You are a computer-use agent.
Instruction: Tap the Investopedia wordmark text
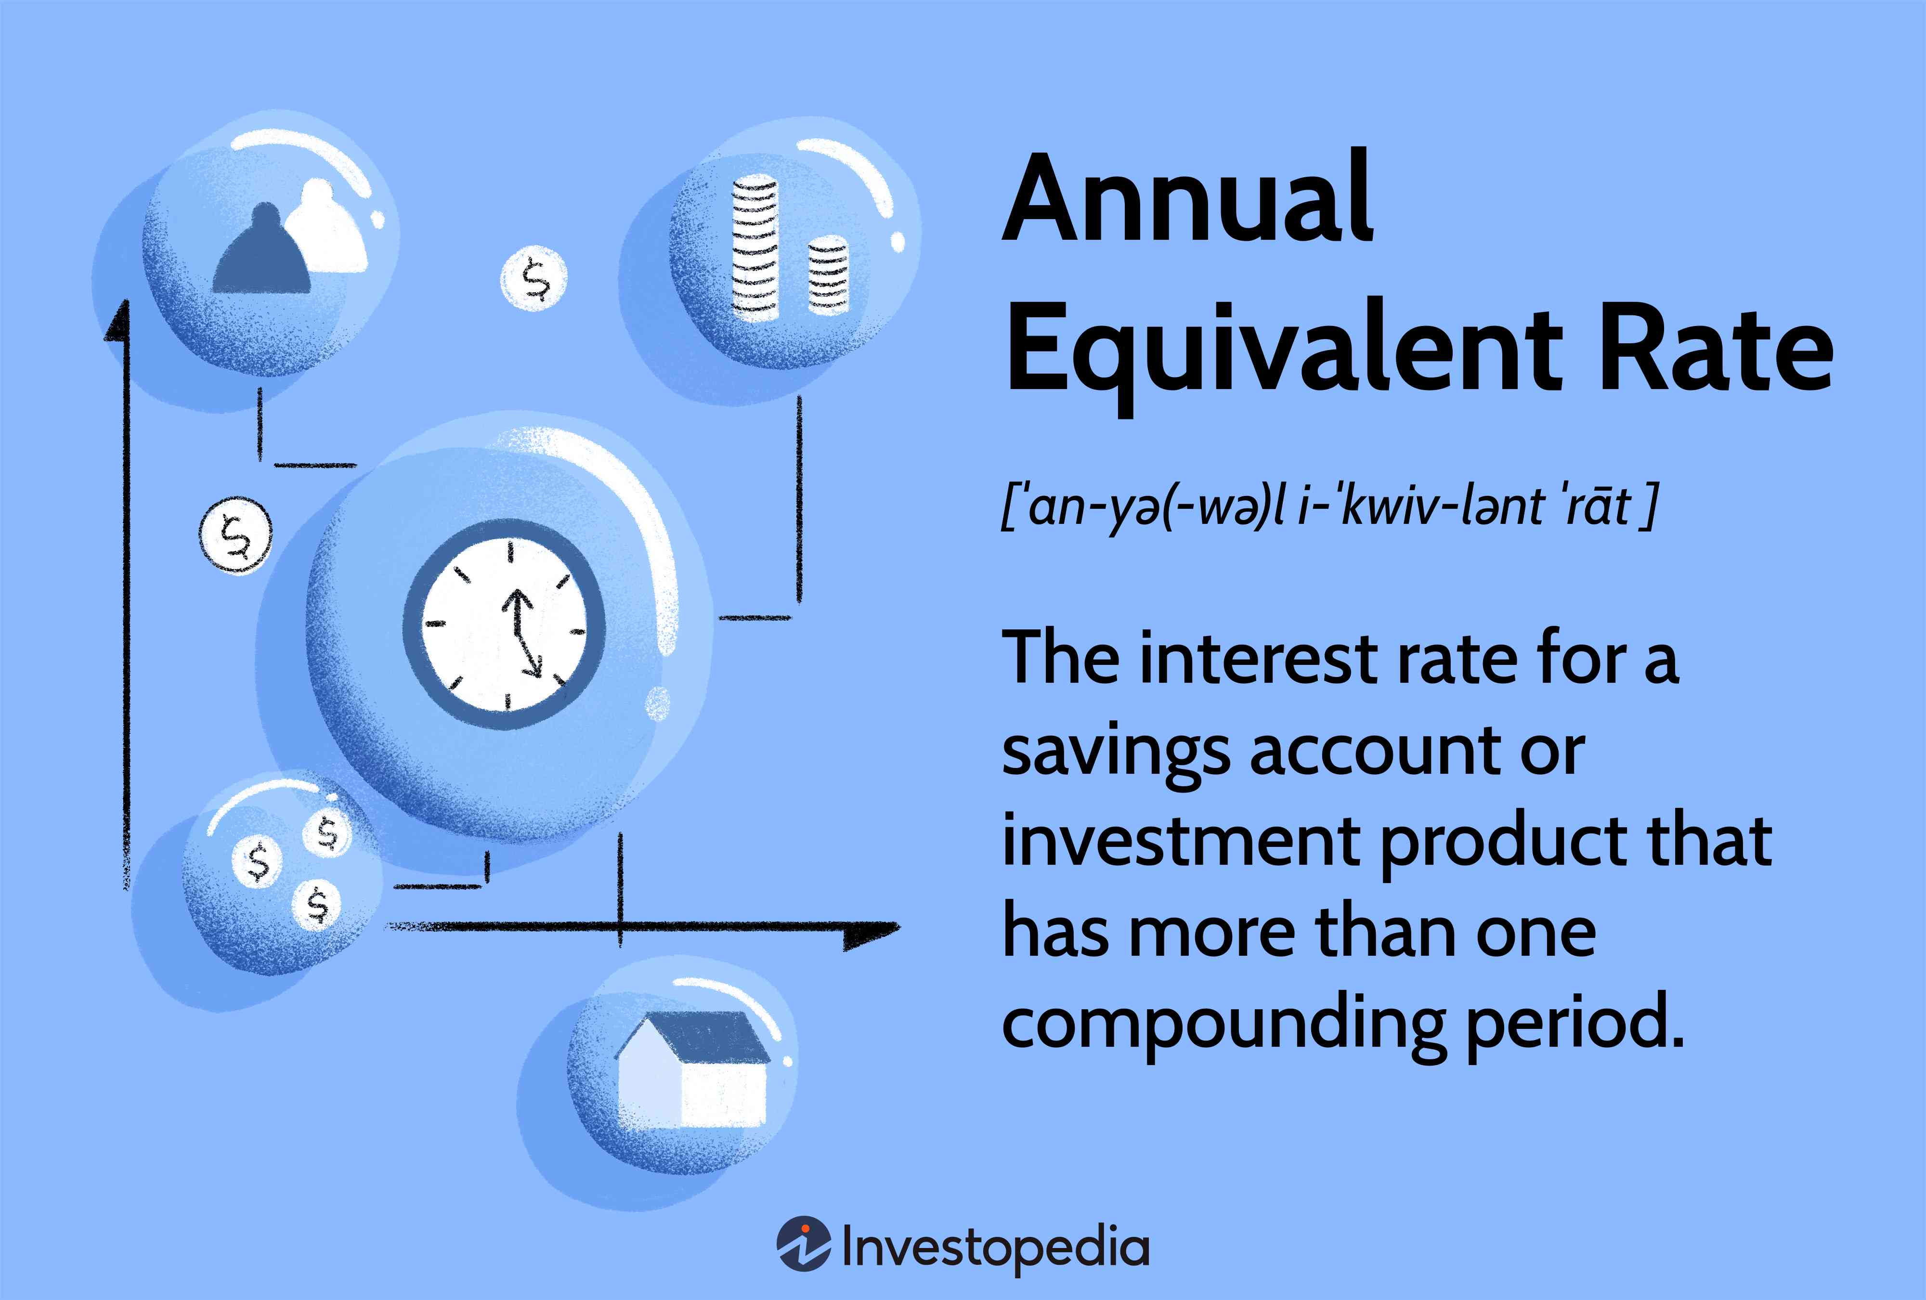point(994,1247)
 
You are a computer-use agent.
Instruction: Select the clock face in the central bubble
point(504,625)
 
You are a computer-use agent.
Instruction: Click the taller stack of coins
point(754,248)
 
